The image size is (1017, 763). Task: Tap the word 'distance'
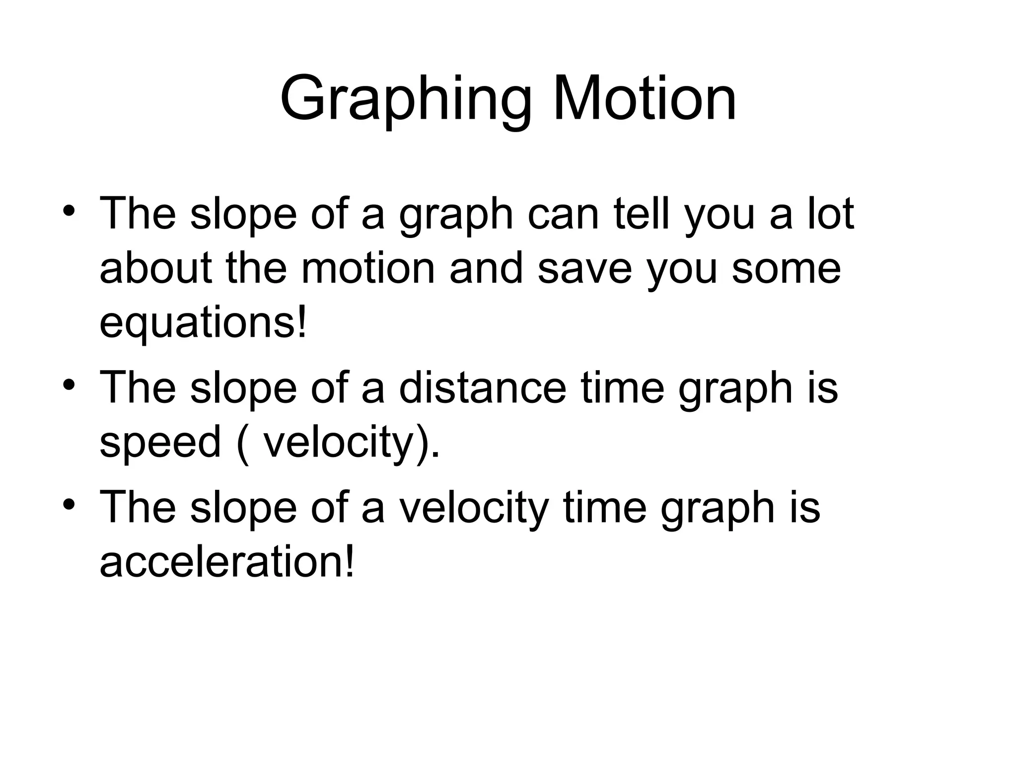482,388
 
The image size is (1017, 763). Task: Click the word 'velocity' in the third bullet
474,508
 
